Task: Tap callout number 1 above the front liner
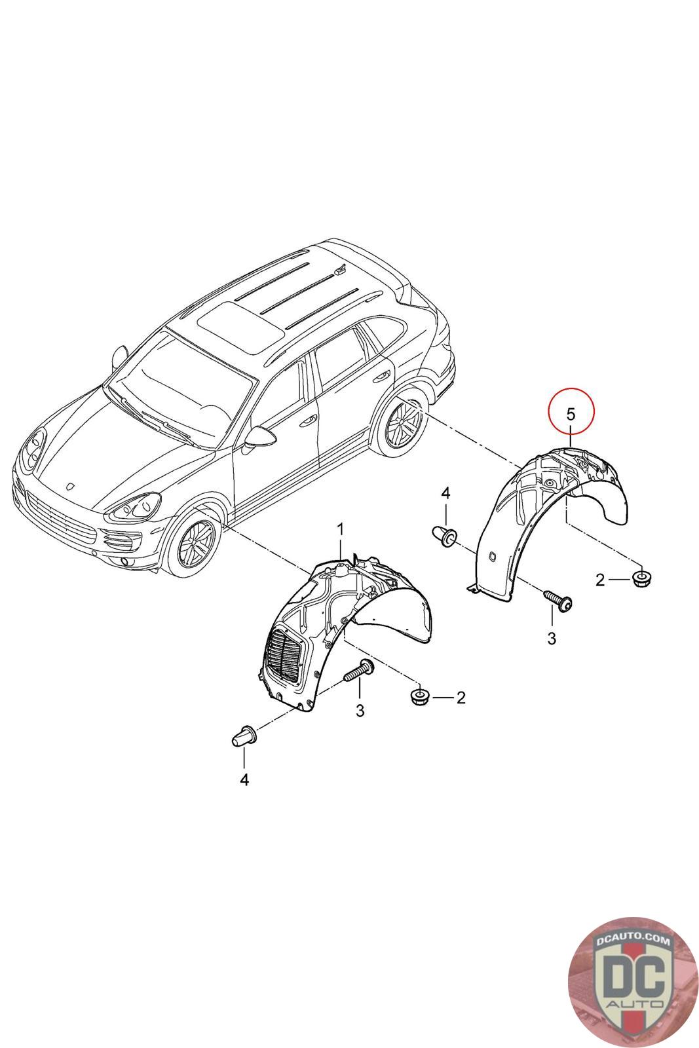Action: click(x=341, y=529)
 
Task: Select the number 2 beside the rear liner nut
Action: click(x=600, y=580)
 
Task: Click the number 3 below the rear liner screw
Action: click(x=552, y=638)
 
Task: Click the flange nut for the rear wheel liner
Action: click(x=642, y=579)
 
